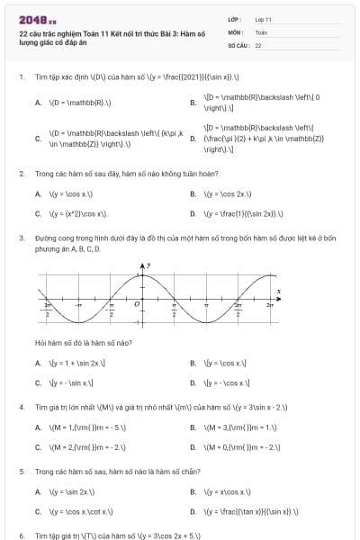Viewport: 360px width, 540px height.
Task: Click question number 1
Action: [x=21, y=78]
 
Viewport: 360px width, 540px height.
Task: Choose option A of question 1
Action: [x=73, y=103]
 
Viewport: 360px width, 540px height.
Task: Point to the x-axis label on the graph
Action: [x=279, y=291]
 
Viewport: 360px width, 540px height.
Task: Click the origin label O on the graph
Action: [x=137, y=304]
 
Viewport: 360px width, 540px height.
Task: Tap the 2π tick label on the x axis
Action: [x=269, y=307]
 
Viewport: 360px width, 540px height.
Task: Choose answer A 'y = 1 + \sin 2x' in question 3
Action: [x=76, y=364]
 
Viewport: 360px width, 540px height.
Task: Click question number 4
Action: [x=21, y=407]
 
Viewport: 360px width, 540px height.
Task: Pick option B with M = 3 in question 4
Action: [x=239, y=427]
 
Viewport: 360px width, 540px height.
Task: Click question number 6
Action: [x=21, y=535]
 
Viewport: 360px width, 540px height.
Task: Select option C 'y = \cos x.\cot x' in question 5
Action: [x=81, y=511]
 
